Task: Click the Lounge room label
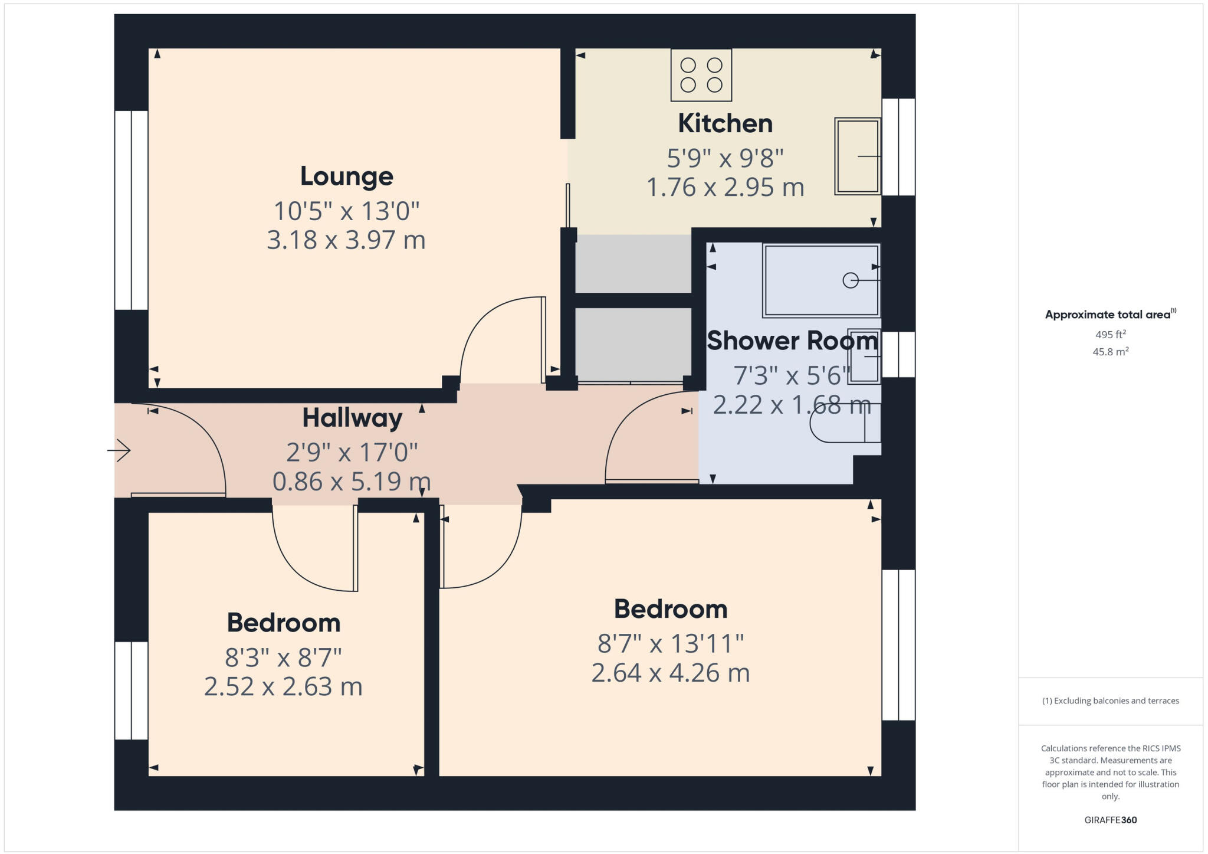tap(346, 176)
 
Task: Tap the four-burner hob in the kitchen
tap(701, 75)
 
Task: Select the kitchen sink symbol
tap(858, 156)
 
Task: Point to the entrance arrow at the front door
tap(120, 451)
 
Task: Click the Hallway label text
tap(352, 418)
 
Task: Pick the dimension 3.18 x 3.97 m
tap(346, 240)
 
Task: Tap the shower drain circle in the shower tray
tap(850, 280)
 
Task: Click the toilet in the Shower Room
tap(843, 423)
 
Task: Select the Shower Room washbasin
tap(864, 356)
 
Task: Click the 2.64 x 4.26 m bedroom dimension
tap(670, 673)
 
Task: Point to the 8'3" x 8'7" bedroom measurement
tap(283, 656)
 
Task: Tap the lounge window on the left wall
tap(131, 210)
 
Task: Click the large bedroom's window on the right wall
tap(898, 644)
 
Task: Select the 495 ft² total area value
tap(1110, 335)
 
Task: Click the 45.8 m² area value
tap(1110, 352)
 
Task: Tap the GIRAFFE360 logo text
tap(1110, 820)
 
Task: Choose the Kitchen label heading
tap(725, 123)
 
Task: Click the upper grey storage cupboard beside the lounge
tap(633, 264)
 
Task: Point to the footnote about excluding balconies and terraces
tap(1110, 701)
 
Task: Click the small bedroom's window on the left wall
tap(131, 691)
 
